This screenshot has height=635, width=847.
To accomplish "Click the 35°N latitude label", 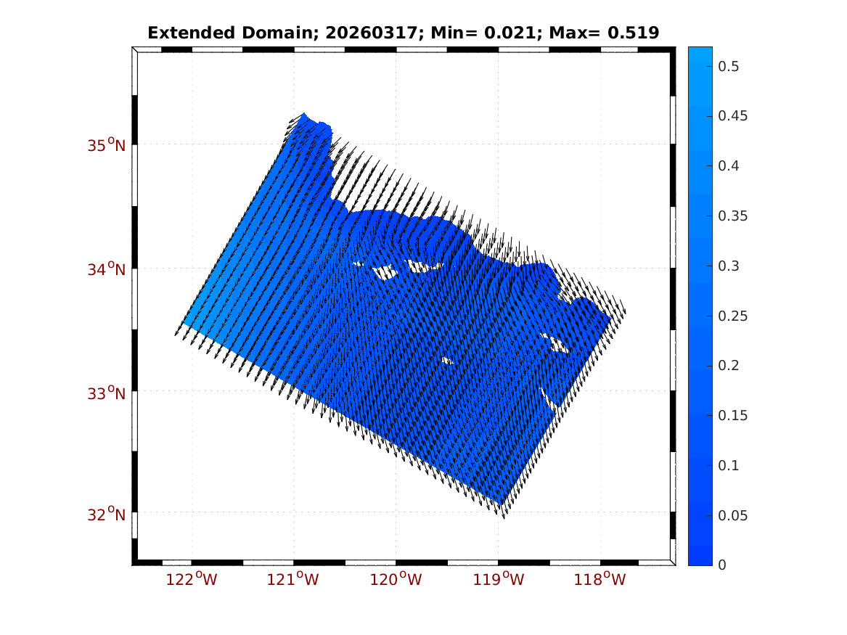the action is pyautogui.click(x=107, y=145).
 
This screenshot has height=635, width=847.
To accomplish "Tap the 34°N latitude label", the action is pyautogui.click(x=107, y=269).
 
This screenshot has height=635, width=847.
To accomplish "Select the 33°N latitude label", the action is pyautogui.click(x=107, y=393).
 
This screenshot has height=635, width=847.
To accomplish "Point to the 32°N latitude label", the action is pyautogui.click(x=107, y=514).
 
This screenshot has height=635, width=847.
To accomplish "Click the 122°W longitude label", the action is pyautogui.click(x=191, y=579).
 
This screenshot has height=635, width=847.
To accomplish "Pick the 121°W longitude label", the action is pyautogui.click(x=293, y=579).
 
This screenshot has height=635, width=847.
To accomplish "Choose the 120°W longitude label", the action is pyautogui.click(x=396, y=579).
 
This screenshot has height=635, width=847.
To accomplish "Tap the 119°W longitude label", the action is pyautogui.click(x=499, y=579).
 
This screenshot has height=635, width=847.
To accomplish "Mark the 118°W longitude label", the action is pyautogui.click(x=600, y=579).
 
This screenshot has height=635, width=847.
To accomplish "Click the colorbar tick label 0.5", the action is pyautogui.click(x=728, y=67).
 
